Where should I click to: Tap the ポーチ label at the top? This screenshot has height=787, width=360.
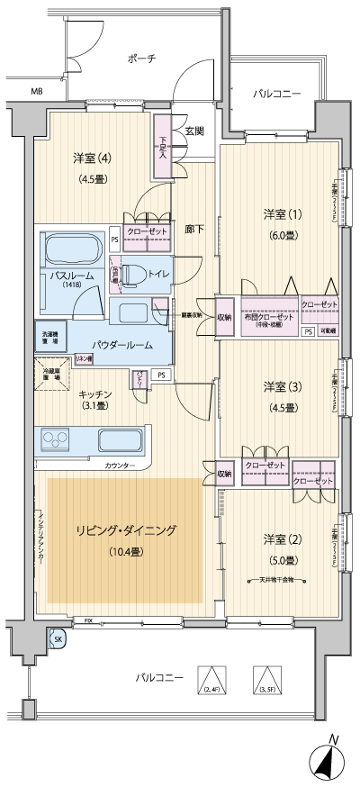tap(141, 59)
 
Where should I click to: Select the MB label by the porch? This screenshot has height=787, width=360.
tap(37, 92)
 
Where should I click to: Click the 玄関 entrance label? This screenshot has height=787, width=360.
tap(193, 131)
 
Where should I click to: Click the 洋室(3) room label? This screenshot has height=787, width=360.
tap(280, 386)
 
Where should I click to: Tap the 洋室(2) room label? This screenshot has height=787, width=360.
tap(280, 538)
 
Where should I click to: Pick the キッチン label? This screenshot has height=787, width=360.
tap(94, 393)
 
